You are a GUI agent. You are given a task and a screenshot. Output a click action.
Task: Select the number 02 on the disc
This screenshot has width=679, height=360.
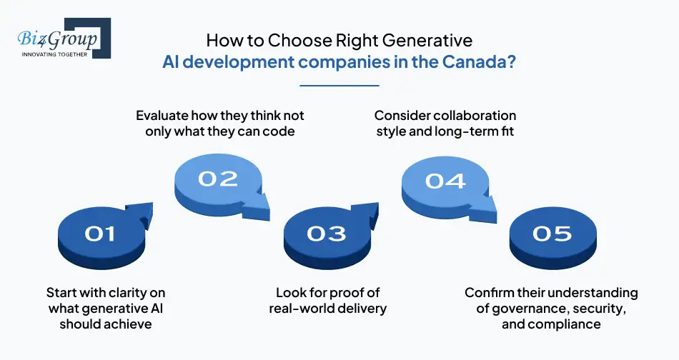pyautogui.click(x=217, y=178)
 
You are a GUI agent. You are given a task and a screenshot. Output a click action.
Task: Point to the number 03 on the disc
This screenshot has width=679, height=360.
pyautogui.click(x=327, y=233)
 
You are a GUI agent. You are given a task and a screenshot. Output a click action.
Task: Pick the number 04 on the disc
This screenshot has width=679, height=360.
pyautogui.click(x=445, y=180)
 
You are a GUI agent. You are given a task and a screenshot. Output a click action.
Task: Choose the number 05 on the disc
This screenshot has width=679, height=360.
pyautogui.click(x=552, y=233)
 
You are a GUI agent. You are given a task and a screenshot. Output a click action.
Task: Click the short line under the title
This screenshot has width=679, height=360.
pyautogui.click(x=339, y=86)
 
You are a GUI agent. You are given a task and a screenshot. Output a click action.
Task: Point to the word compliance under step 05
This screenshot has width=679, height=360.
pyautogui.click(x=564, y=324)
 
